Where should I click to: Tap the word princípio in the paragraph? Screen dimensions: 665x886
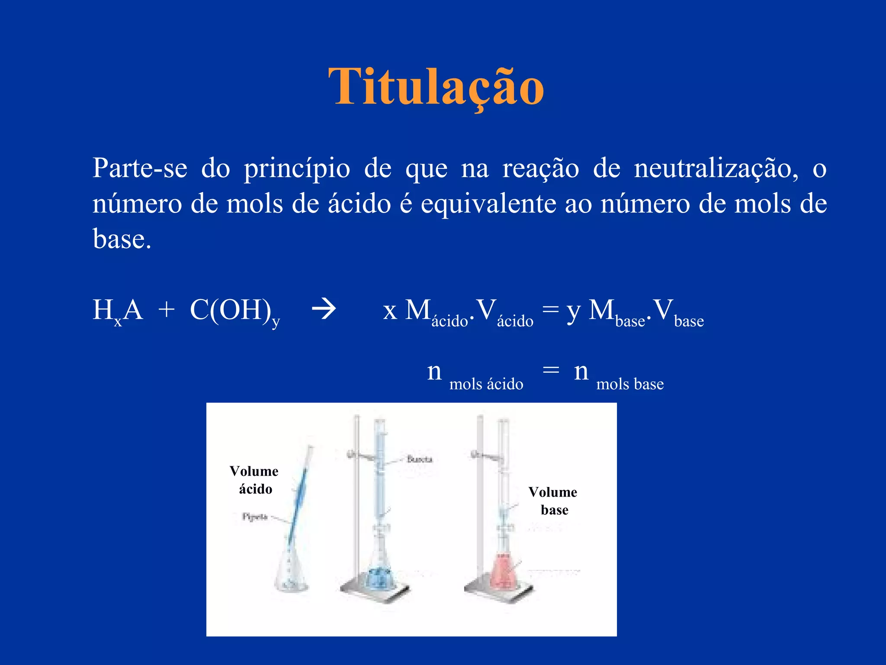click(297, 169)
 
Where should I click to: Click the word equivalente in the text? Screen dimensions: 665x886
click(488, 203)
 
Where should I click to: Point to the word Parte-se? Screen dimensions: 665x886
click(140, 168)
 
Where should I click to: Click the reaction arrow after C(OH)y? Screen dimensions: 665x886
click(324, 310)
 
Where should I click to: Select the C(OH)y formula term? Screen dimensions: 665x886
click(234, 310)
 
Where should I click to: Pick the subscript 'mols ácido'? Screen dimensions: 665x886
click(486, 384)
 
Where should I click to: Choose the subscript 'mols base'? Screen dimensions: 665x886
click(630, 384)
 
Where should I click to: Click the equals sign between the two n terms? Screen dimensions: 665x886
click(551, 370)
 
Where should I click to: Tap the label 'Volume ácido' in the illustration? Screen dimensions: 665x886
click(254, 480)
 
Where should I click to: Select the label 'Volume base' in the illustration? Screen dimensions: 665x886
click(553, 501)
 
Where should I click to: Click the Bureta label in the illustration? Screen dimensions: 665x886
click(419, 459)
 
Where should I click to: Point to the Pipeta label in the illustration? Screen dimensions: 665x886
click(255, 517)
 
